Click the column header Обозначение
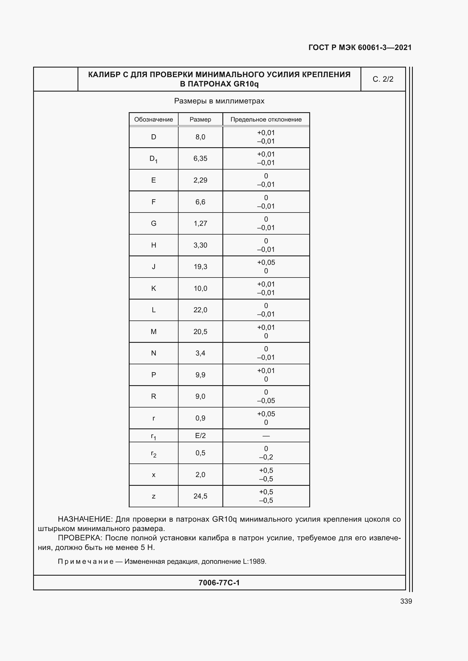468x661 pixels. [x=153, y=120]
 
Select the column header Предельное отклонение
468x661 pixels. [x=266, y=120]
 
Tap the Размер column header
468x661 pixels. [x=200, y=120]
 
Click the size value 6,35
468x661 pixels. [x=200, y=158]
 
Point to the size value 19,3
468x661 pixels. [x=200, y=266]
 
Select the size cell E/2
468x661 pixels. [x=200, y=435]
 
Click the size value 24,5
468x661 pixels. [x=200, y=496]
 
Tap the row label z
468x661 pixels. [x=153, y=496]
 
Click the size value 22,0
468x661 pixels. [x=200, y=310]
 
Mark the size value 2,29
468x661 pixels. [x=200, y=180]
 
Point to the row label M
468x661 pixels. [x=153, y=332]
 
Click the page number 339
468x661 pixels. [x=406, y=601]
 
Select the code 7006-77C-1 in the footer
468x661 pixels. [x=219, y=583]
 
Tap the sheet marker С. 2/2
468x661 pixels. [x=383, y=79]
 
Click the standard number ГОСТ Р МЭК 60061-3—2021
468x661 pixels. [x=360, y=47]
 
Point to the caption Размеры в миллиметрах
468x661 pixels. [x=219, y=101]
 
